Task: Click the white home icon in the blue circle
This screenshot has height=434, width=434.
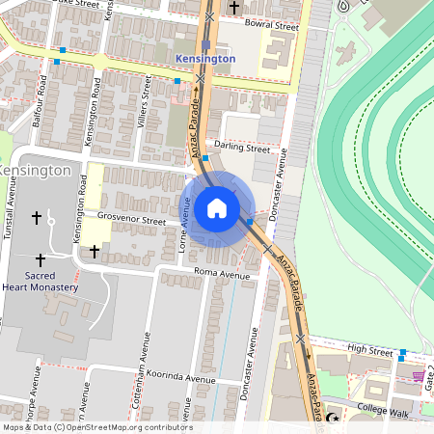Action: pyautogui.click(x=217, y=208)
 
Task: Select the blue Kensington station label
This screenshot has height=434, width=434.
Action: pyautogui.click(x=206, y=59)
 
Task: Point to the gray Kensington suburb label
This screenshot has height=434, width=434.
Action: pyautogui.click(x=35, y=171)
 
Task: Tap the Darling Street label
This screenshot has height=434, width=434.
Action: pyautogui.click(x=243, y=149)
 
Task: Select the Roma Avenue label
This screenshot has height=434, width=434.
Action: pyautogui.click(x=222, y=274)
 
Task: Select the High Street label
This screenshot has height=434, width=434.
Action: pyautogui.click(x=369, y=352)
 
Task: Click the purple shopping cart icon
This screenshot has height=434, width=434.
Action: pyautogui.click(x=418, y=376)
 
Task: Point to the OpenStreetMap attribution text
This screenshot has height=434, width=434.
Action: pyautogui.click(x=96, y=427)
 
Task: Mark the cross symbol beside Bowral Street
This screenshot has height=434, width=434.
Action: pyautogui.click(x=234, y=8)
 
